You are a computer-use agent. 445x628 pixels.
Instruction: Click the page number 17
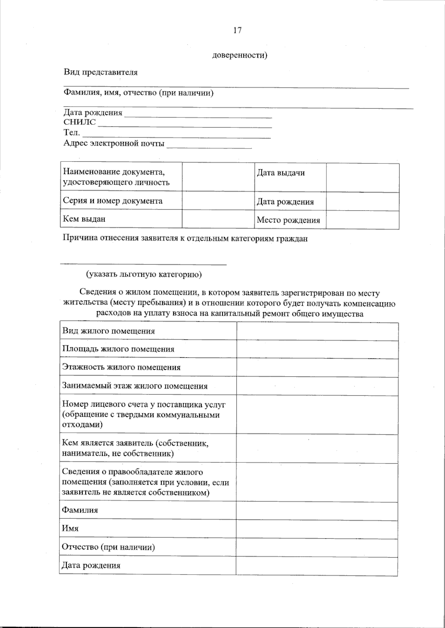point(237,30)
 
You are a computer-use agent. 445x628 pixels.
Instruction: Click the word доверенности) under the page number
point(240,56)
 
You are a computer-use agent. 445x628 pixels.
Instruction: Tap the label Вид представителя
point(100,72)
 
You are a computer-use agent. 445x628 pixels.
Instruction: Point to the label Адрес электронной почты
point(114,143)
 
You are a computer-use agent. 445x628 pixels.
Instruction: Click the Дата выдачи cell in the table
point(281,173)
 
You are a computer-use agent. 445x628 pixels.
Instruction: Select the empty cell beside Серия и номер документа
point(218,201)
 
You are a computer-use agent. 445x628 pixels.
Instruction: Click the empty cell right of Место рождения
point(362,220)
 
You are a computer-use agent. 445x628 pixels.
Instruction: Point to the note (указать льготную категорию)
point(144,274)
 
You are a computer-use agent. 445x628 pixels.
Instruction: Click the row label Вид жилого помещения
point(108,331)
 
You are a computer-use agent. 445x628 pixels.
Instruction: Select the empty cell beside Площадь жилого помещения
point(317,349)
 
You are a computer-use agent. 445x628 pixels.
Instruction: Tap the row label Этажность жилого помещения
point(121,367)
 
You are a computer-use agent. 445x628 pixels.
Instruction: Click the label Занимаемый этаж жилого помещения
point(135,386)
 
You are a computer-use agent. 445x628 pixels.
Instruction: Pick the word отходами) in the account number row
point(82,424)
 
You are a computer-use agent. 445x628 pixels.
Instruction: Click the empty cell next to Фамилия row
point(317,511)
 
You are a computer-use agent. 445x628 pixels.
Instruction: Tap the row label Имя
point(70,528)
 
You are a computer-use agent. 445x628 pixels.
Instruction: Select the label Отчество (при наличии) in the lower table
point(108,547)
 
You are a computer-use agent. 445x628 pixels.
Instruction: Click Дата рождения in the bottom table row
point(91,566)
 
